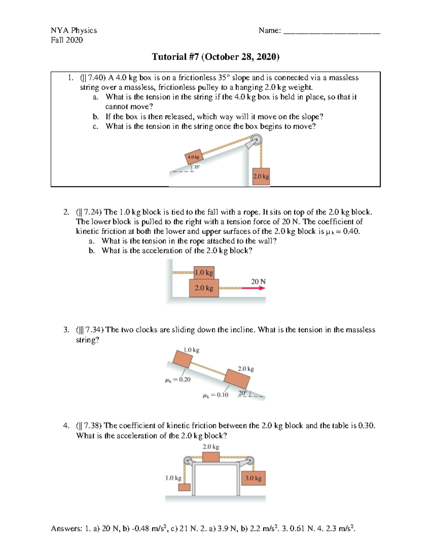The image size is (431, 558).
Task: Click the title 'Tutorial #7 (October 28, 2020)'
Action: tap(215, 57)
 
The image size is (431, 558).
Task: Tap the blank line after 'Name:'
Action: tap(332, 31)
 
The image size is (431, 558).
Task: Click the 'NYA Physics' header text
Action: tap(74, 30)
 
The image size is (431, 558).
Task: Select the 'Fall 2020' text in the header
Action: tap(67, 40)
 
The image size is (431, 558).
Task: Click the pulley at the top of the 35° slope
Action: tap(256, 140)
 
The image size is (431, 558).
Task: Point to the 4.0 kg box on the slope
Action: tap(194, 157)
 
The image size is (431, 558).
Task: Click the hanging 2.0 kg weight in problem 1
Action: tap(261, 176)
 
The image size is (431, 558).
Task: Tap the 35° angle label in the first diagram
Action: tap(197, 167)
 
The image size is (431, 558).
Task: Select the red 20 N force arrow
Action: tap(253, 288)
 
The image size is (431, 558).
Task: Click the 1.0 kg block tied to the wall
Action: tap(204, 273)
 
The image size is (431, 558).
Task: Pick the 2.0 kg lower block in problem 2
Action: tap(204, 288)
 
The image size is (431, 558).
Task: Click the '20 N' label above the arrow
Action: tap(258, 281)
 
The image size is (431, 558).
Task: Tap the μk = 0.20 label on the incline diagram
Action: tap(177, 379)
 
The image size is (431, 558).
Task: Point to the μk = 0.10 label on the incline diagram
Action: tap(215, 395)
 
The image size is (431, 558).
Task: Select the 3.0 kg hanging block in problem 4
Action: tap(253, 478)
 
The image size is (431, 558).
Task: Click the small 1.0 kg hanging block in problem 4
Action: tap(184, 487)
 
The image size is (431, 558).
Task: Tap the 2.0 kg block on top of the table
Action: tap(211, 457)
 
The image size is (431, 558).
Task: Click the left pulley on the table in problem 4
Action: tap(187, 461)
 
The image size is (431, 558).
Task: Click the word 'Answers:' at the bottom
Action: tap(66, 529)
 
